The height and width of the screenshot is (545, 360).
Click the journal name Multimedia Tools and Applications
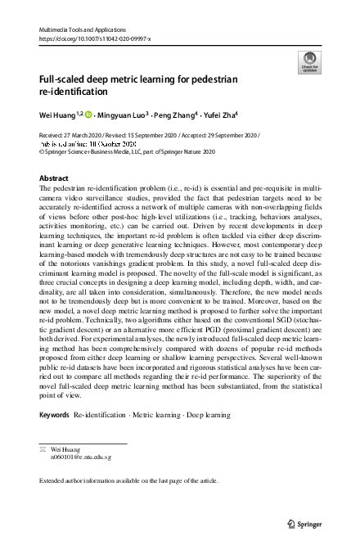[x=80, y=29]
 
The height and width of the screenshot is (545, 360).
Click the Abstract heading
[x=55, y=178]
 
